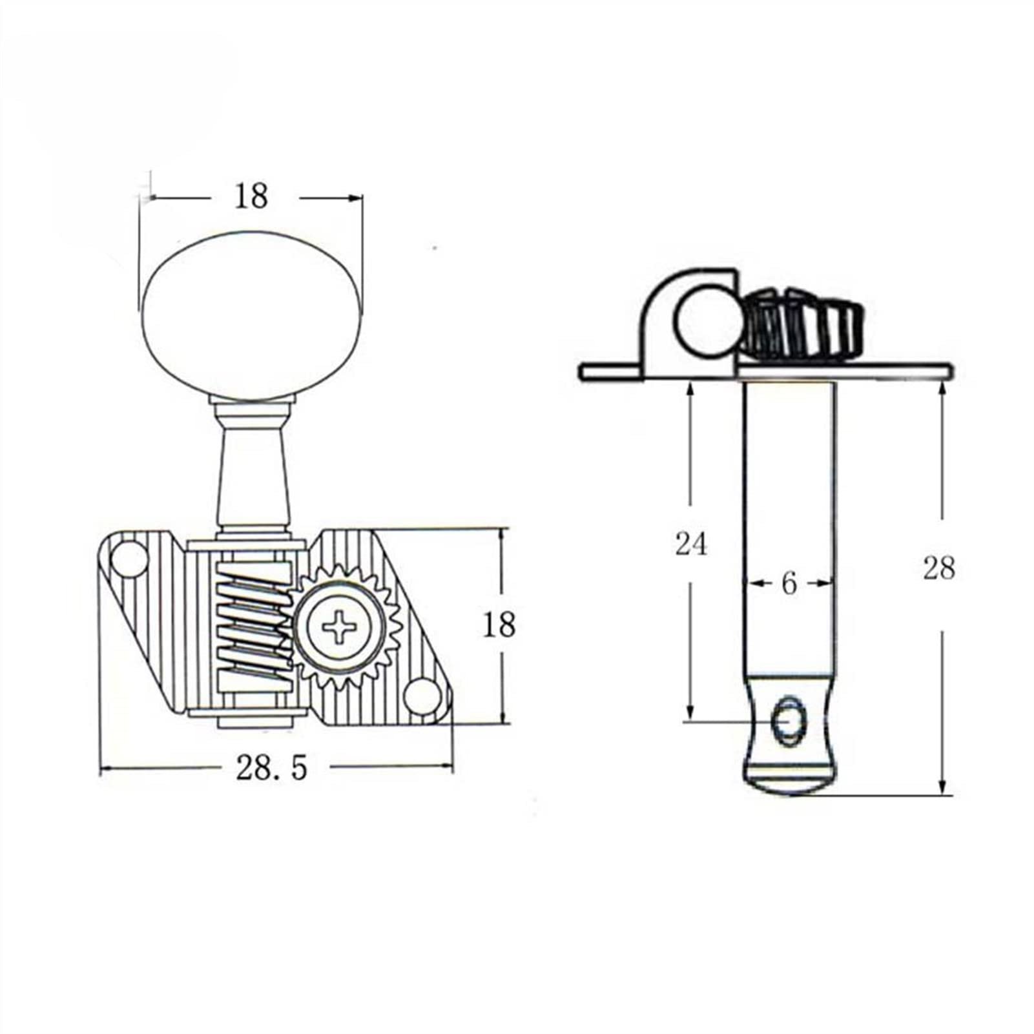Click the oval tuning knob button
click(x=251, y=317)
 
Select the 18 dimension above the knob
click(x=251, y=196)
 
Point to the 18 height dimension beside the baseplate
click(x=499, y=625)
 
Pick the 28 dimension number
click(x=938, y=568)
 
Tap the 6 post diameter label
click(x=789, y=584)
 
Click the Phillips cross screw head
click(x=340, y=625)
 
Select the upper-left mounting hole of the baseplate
click(x=129, y=557)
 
